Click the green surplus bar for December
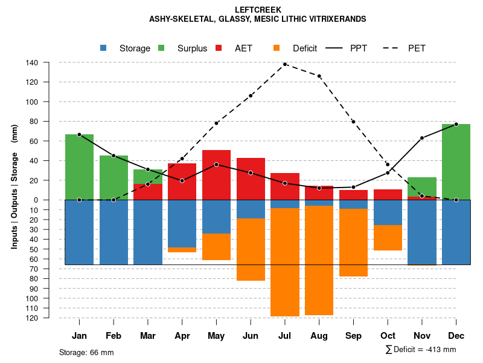tap(456, 162)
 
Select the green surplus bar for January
tap(79, 167)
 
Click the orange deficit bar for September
tap(353, 243)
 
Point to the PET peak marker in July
tap(285, 64)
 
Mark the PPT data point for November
tap(422, 138)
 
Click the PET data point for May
tap(216, 123)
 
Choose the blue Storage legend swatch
tap(103, 48)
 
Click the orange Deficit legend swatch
tap(277, 48)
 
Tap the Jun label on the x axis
tap(251, 336)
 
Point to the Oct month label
tap(388, 336)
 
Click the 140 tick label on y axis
tap(32, 62)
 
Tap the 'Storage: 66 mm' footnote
tap(86, 352)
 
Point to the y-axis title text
tap(14, 187)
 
